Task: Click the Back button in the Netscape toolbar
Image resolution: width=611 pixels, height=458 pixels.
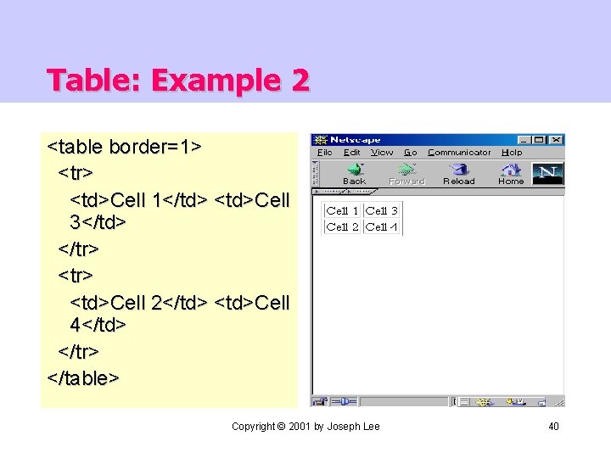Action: coord(354,173)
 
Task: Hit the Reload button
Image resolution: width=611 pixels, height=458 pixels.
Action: coord(458,173)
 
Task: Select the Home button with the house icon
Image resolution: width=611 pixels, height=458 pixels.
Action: coord(510,173)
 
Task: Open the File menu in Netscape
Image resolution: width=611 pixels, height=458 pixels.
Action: coord(325,153)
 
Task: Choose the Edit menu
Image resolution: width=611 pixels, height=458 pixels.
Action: coord(352,153)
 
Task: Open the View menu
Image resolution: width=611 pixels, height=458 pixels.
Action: coord(382,153)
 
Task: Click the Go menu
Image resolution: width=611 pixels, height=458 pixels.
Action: coord(411,153)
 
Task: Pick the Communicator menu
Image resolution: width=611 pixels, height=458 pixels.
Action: coord(459,153)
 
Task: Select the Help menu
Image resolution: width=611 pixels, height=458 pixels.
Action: coord(512,153)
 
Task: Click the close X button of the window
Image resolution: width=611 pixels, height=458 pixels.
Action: coord(556,140)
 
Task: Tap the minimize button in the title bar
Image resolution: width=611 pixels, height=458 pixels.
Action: coord(525,140)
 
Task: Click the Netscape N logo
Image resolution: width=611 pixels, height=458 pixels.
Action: coord(547,174)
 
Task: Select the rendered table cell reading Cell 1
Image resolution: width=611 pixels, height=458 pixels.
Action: coord(342,210)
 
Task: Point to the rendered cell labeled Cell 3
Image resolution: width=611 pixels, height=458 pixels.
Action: coord(382,210)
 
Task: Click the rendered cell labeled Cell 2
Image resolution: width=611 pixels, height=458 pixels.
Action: coord(342,226)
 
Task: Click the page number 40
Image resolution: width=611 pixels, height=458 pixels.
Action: coord(553,426)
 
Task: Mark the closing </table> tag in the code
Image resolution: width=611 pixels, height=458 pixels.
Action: coord(83,377)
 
